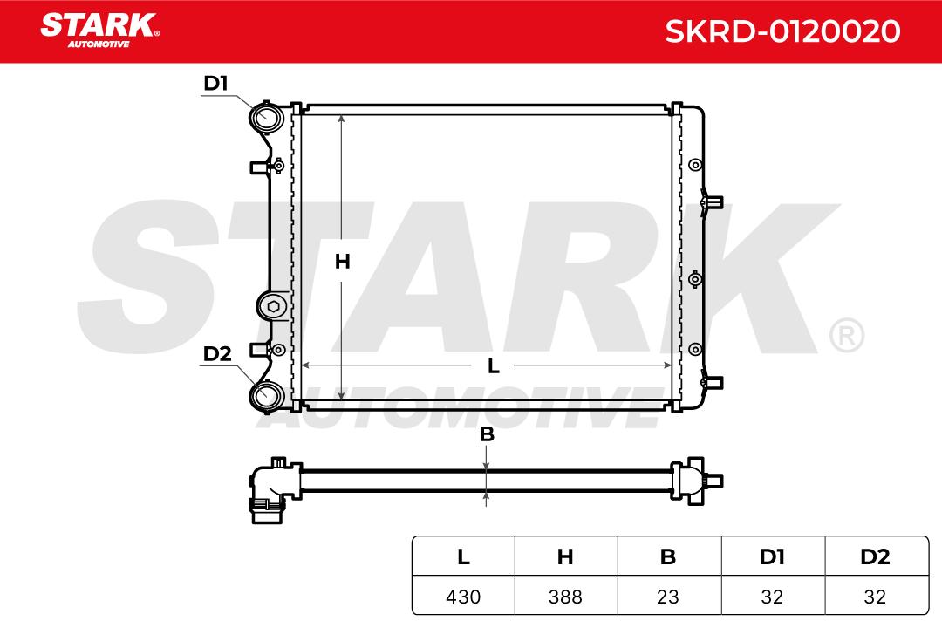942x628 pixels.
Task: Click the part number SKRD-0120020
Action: (782, 31)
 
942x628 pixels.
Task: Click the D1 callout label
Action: (216, 84)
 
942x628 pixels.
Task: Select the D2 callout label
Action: (217, 354)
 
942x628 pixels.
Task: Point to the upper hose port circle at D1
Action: (265, 117)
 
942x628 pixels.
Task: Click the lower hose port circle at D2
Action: (265, 395)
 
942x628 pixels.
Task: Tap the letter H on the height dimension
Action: (342, 262)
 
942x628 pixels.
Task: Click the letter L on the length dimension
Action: (493, 366)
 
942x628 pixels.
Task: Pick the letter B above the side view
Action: (487, 433)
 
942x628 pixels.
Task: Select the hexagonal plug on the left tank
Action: (273, 306)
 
